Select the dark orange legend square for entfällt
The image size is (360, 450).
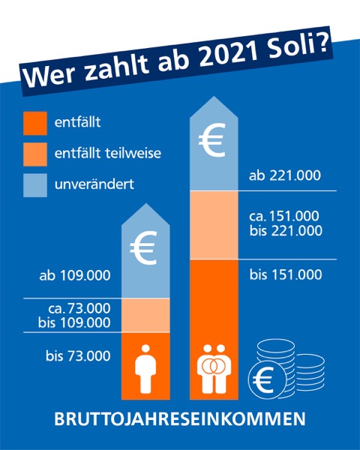pos(35,124)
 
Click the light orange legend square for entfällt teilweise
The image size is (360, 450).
pos(35,154)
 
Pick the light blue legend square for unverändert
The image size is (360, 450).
pos(35,185)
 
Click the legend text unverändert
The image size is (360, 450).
pos(94,184)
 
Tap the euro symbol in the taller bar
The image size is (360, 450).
pos(211,139)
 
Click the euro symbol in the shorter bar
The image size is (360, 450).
pos(143,247)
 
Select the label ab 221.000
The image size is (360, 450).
pos(285,175)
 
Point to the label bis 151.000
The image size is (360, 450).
pos(286,274)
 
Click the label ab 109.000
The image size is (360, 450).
pos(75,275)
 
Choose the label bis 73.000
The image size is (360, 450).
pos(78,355)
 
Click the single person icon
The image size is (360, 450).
pos(145,368)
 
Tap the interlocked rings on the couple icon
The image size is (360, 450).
pos(214,366)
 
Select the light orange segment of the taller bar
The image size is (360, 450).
pos(214,225)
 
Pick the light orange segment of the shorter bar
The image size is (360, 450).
pos(145,315)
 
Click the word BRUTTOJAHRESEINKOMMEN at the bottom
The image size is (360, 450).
pos(180,419)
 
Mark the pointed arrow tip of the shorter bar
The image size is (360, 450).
pos(145,203)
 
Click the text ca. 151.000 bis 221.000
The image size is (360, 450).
pos(286,223)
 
